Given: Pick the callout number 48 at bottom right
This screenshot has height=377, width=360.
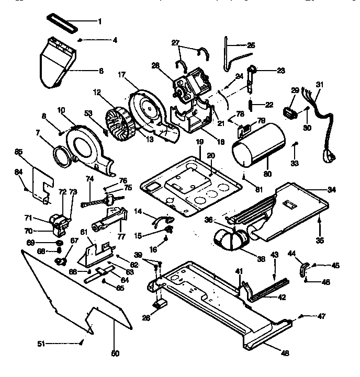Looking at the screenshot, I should pyautogui.click(x=285, y=353).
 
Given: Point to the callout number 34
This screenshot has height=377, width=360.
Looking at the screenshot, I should pyautogui.click(x=331, y=189).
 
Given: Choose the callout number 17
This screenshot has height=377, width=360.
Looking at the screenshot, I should pyautogui.click(x=121, y=75).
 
